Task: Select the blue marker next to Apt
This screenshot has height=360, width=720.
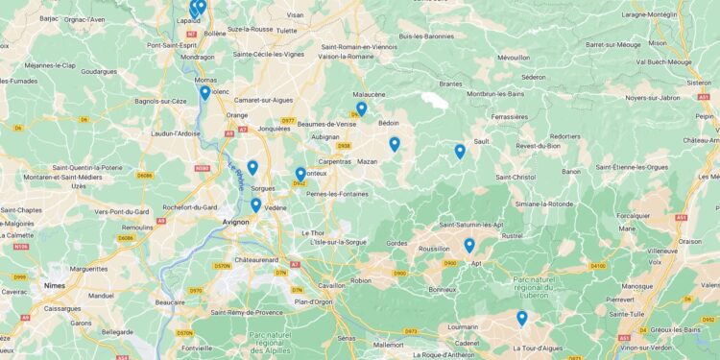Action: click(x=469, y=245)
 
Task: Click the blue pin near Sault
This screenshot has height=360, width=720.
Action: click(x=460, y=151)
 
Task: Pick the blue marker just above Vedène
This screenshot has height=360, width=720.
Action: click(x=255, y=204)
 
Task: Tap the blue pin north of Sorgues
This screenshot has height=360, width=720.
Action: click(x=252, y=167)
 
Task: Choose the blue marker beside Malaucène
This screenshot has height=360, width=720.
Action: click(x=361, y=108)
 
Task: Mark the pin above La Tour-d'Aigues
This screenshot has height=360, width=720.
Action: click(x=522, y=318)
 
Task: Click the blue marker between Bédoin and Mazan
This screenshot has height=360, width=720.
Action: click(x=395, y=144)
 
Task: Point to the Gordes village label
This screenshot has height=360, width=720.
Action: click(x=396, y=244)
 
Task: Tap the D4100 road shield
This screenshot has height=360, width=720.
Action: click(x=598, y=265)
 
